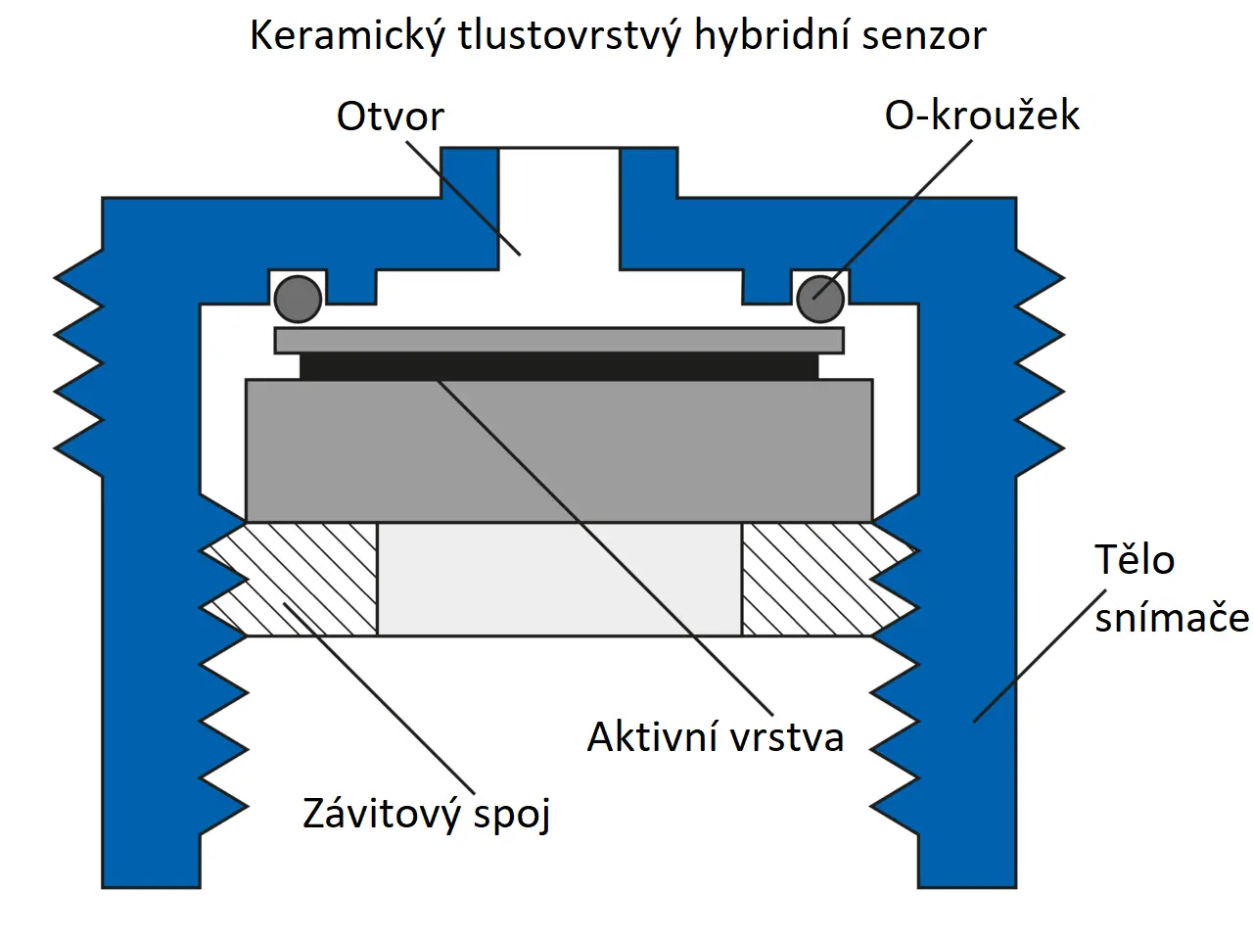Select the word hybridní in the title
tap(772, 36)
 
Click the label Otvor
tap(390, 117)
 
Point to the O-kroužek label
tap(982, 116)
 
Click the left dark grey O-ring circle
tap(298, 299)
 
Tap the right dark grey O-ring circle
tap(820, 299)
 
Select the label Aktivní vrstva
tap(715, 736)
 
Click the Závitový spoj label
tap(426, 814)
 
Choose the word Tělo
tap(1134, 560)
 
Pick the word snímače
tap(1171, 618)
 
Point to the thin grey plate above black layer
tap(559, 341)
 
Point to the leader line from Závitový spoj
tap(382, 700)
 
